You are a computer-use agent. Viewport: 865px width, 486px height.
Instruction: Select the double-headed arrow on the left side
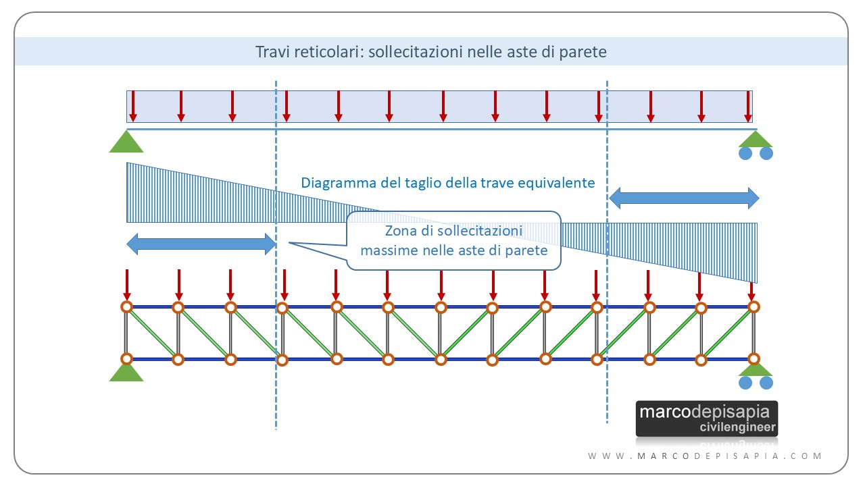201,244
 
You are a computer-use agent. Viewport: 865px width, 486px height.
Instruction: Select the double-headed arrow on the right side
684,198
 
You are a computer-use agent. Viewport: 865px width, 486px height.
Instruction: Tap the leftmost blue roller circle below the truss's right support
745,383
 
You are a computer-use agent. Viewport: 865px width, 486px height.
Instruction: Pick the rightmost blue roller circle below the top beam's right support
766,153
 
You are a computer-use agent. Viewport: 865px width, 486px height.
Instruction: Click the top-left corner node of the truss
126,307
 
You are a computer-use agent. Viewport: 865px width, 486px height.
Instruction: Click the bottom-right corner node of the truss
753,359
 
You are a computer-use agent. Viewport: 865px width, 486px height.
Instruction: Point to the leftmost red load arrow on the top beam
133,106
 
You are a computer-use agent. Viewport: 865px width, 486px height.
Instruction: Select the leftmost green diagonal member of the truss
152,333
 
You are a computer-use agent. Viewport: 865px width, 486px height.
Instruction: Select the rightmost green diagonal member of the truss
727,333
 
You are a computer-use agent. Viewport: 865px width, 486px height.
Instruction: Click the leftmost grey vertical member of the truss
126,333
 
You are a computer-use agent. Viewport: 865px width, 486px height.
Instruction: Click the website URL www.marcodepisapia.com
706,456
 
